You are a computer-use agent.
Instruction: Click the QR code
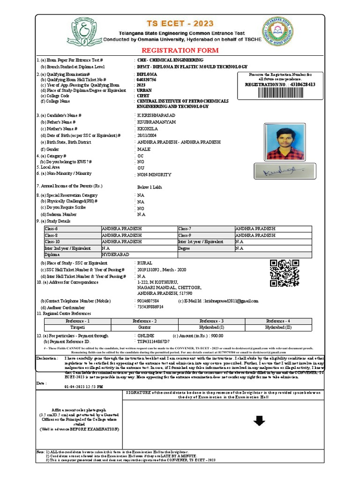(285, 273)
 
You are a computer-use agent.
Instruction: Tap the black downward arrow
(259, 422)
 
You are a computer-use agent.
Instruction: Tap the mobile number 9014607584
(148, 300)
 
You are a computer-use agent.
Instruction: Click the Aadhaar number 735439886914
(150, 307)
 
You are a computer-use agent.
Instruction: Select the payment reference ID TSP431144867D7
(153, 342)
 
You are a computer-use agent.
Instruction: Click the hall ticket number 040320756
(146, 80)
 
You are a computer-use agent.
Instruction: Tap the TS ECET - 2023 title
(180, 23)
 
